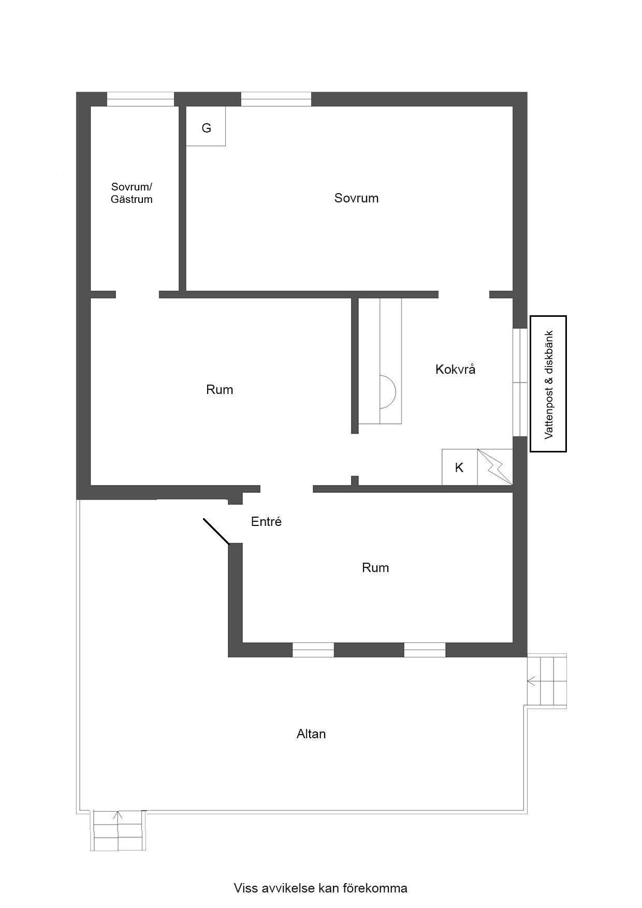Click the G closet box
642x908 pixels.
pyautogui.click(x=206, y=126)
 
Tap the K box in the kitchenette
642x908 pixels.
pyautogui.click(x=460, y=467)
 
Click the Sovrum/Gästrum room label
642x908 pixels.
pyautogui.click(x=132, y=193)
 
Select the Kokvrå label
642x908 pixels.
pyautogui.click(x=456, y=369)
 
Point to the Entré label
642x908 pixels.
pyautogui.click(x=266, y=521)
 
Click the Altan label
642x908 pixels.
pyautogui.click(x=311, y=734)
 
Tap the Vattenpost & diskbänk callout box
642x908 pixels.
pyautogui.click(x=548, y=384)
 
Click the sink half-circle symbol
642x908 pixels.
pyautogui.click(x=388, y=391)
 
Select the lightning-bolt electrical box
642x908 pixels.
pyautogui.click(x=495, y=467)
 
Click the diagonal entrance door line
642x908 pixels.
pyautogui.click(x=216, y=531)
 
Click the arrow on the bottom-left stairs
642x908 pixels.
pyautogui.click(x=118, y=818)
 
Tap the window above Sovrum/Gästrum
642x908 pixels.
pyautogui.click(x=140, y=99)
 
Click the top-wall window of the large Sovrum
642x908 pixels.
pyautogui.click(x=276, y=99)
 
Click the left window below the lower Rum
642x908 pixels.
pyautogui.click(x=313, y=650)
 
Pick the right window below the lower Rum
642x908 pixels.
pyautogui.click(x=425, y=650)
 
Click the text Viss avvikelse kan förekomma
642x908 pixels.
pyautogui.click(x=320, y=888)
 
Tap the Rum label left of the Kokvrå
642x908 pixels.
pyautogui.click(x=220, y=389)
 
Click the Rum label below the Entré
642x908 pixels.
pyautogui.click(x=375, y=567)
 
